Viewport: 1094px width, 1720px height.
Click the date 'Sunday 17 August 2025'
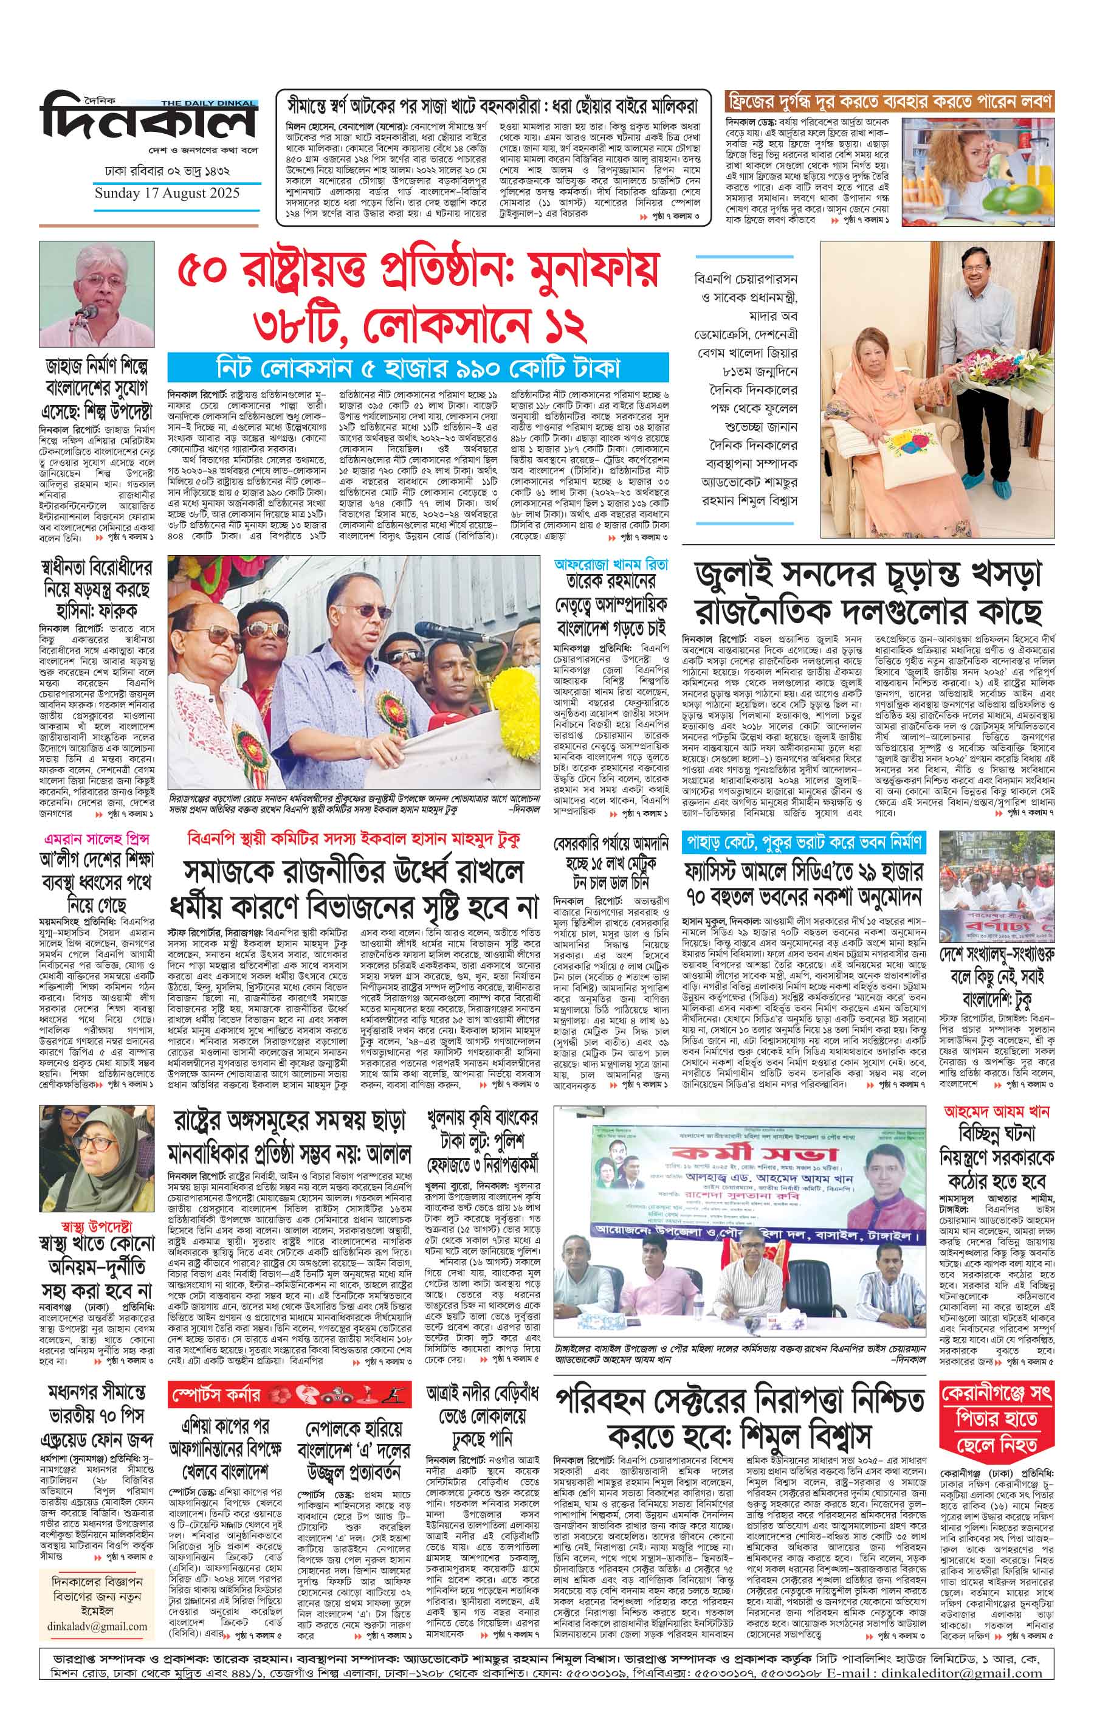pos(167,193)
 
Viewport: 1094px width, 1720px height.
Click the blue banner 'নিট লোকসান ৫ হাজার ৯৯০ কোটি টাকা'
pos(418,368)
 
